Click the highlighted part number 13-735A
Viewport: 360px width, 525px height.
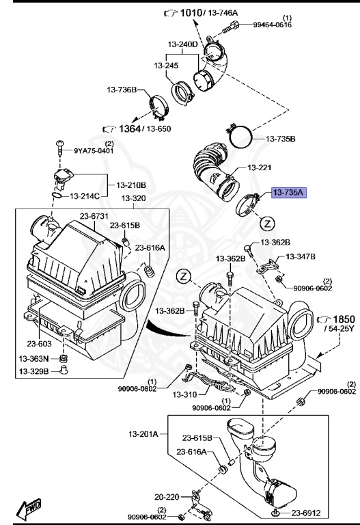pyautogui.click(x=290, y=193)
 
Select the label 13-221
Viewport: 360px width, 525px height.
pyautogui.click(x=260, y=167)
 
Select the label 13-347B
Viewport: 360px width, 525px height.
pyautogui.click(x=301, y=256)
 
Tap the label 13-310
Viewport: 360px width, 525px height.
pyautogui.click(x=184, y=394)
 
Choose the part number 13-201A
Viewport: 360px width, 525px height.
pyautogui.click(x=143, y=434)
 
